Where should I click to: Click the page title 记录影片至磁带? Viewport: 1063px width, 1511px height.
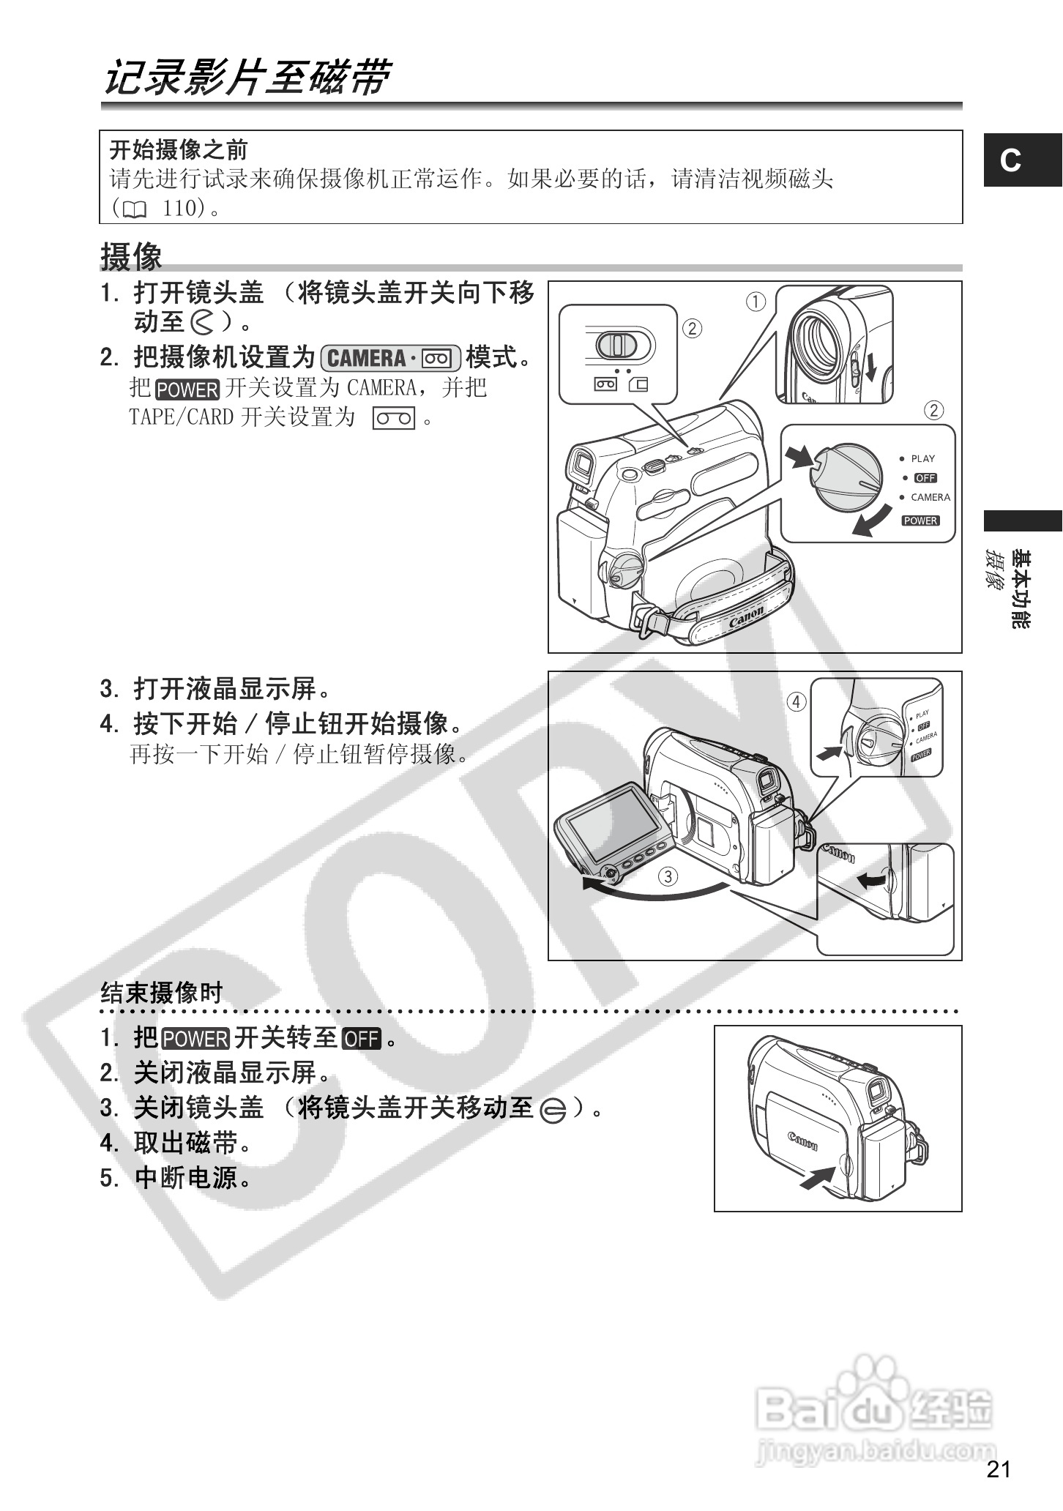(247, 78)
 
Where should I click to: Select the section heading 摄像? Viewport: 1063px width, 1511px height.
(131, 257)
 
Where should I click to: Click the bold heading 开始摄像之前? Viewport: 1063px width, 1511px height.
(179, 150)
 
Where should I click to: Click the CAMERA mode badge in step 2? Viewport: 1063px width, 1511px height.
(390, 358)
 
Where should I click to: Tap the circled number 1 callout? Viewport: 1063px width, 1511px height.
(756, 302)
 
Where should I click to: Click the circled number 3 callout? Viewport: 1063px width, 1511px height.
(667, 876)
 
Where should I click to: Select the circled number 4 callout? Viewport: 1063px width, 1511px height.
(797, 702)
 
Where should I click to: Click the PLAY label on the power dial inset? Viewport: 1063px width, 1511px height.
(922, 459)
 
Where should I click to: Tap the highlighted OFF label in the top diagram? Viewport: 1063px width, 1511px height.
(925, 478)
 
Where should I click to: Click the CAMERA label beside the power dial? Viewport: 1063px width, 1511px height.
(930, 497)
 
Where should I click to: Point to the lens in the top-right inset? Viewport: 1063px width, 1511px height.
(819, 342)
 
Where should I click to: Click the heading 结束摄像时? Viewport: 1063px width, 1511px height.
(161, 993)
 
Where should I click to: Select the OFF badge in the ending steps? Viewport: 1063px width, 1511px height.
(362, 1039)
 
